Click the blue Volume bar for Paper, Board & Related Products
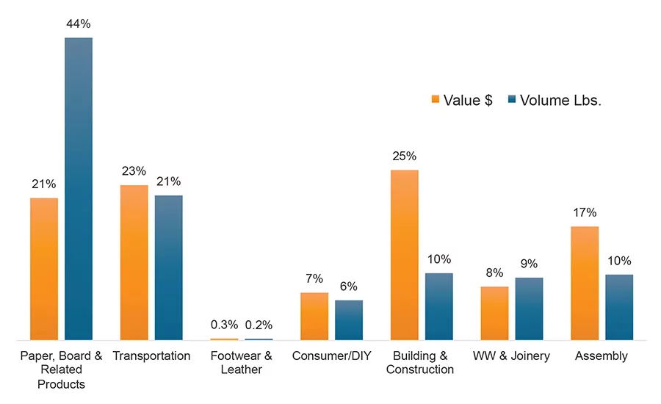(79, 189)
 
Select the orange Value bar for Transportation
(134, 262)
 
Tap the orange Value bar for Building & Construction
(404, 255)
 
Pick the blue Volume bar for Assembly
(619, 307)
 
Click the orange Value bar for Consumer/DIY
(314, 316)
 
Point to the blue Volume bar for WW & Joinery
(529, 309)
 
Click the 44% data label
(79, 24)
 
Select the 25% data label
(404, 156)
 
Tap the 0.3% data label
(224, 325)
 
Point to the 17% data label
(585, 212)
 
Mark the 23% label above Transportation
(134, 171)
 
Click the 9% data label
(529, 264)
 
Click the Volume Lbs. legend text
(560, 101)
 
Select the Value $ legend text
(468, 101)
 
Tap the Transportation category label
(151, 356)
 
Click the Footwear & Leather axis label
(242, 363)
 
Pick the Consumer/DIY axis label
(331, 356)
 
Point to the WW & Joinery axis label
(511, 356)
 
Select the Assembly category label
(602, 356)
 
